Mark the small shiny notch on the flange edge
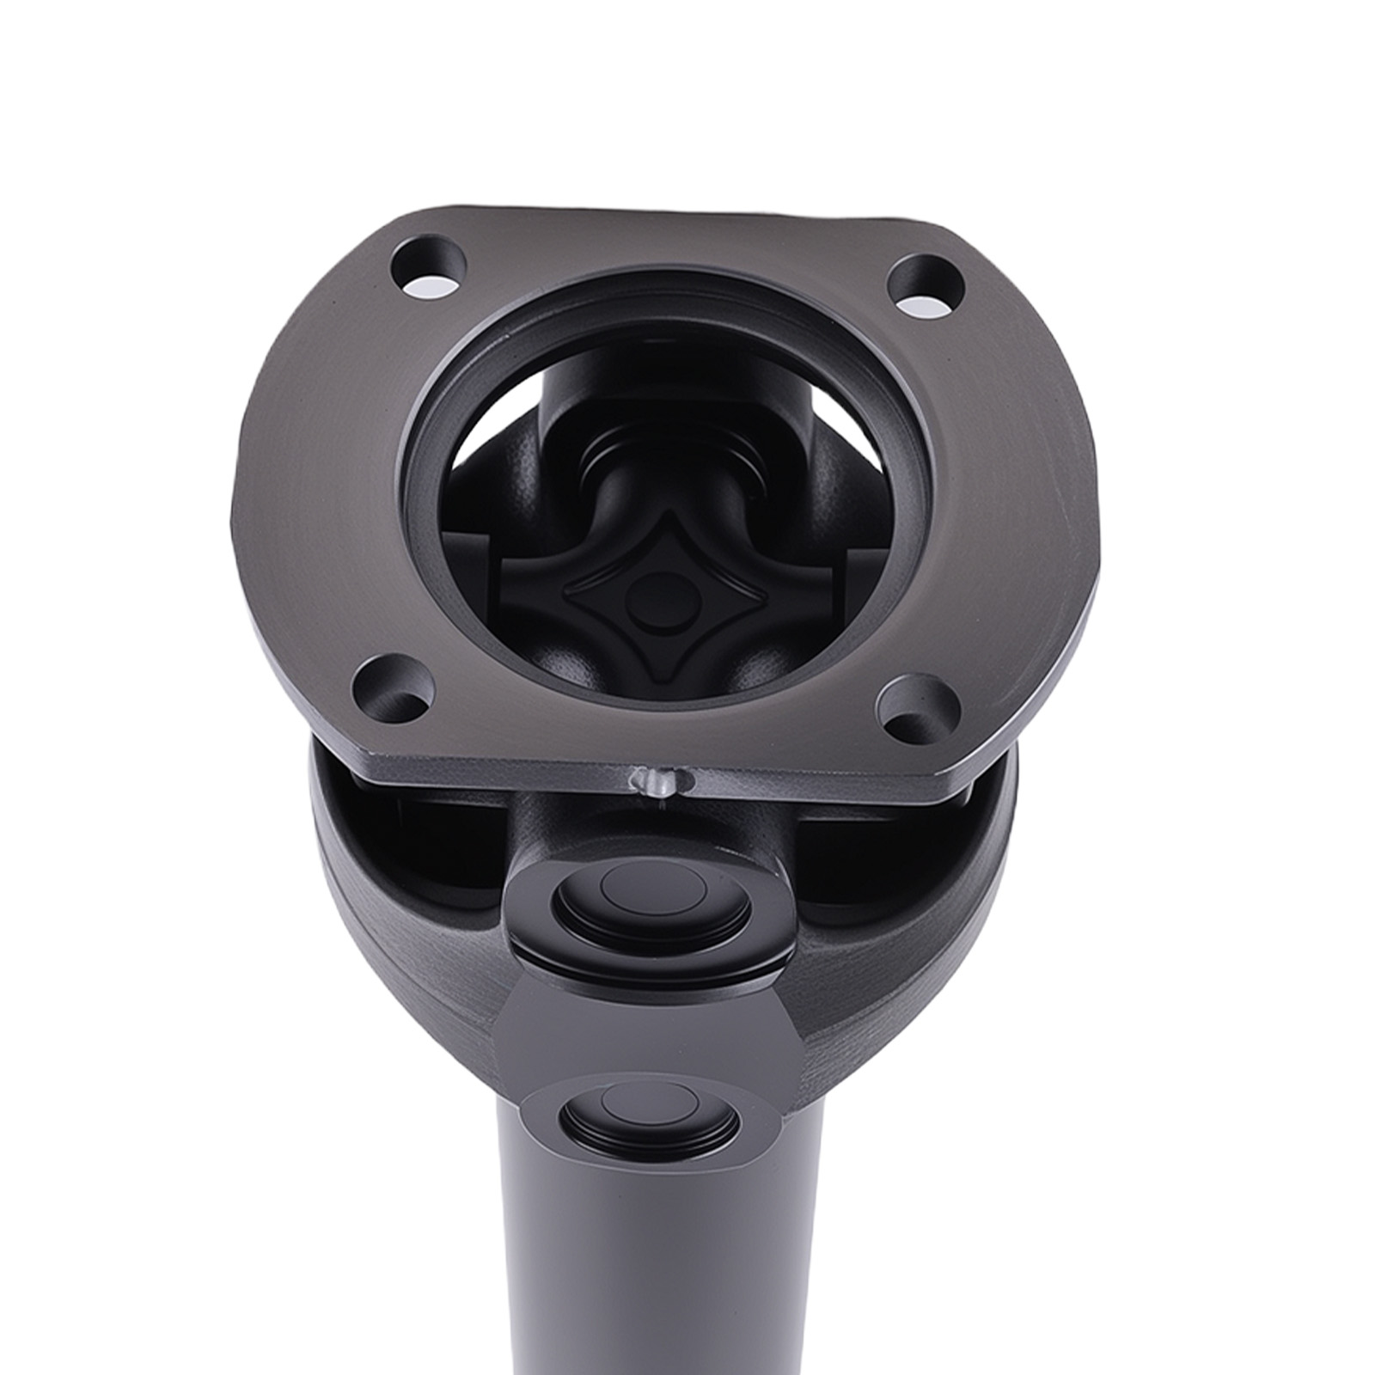tap(657, 781)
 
